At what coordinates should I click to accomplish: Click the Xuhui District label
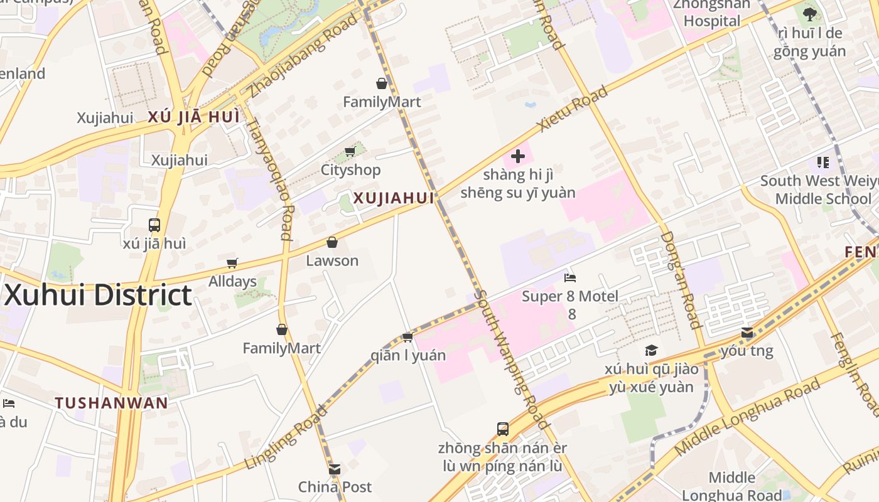[97, 295]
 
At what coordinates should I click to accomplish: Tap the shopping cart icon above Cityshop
[350, 151]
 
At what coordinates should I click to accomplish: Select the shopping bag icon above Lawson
[332, 242]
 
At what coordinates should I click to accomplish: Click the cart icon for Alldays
[232, 264]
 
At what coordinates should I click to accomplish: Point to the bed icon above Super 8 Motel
[570, 277]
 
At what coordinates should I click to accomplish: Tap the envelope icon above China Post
[335, 469]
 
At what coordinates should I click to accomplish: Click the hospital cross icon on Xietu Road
[518, 156]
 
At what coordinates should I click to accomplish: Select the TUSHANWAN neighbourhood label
[111, 403]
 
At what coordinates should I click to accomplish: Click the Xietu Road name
[573, 109]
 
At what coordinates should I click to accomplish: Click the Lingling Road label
[286, 438]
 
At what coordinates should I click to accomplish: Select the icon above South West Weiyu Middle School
[823, 163]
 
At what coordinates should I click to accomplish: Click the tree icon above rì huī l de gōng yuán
[810, 14]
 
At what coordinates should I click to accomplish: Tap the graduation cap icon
[651, 350]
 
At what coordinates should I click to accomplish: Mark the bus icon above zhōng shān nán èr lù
[503, 429]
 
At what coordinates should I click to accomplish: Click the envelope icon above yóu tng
[747, 333]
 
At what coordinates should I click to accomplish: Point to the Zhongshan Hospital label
[712, 13]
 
